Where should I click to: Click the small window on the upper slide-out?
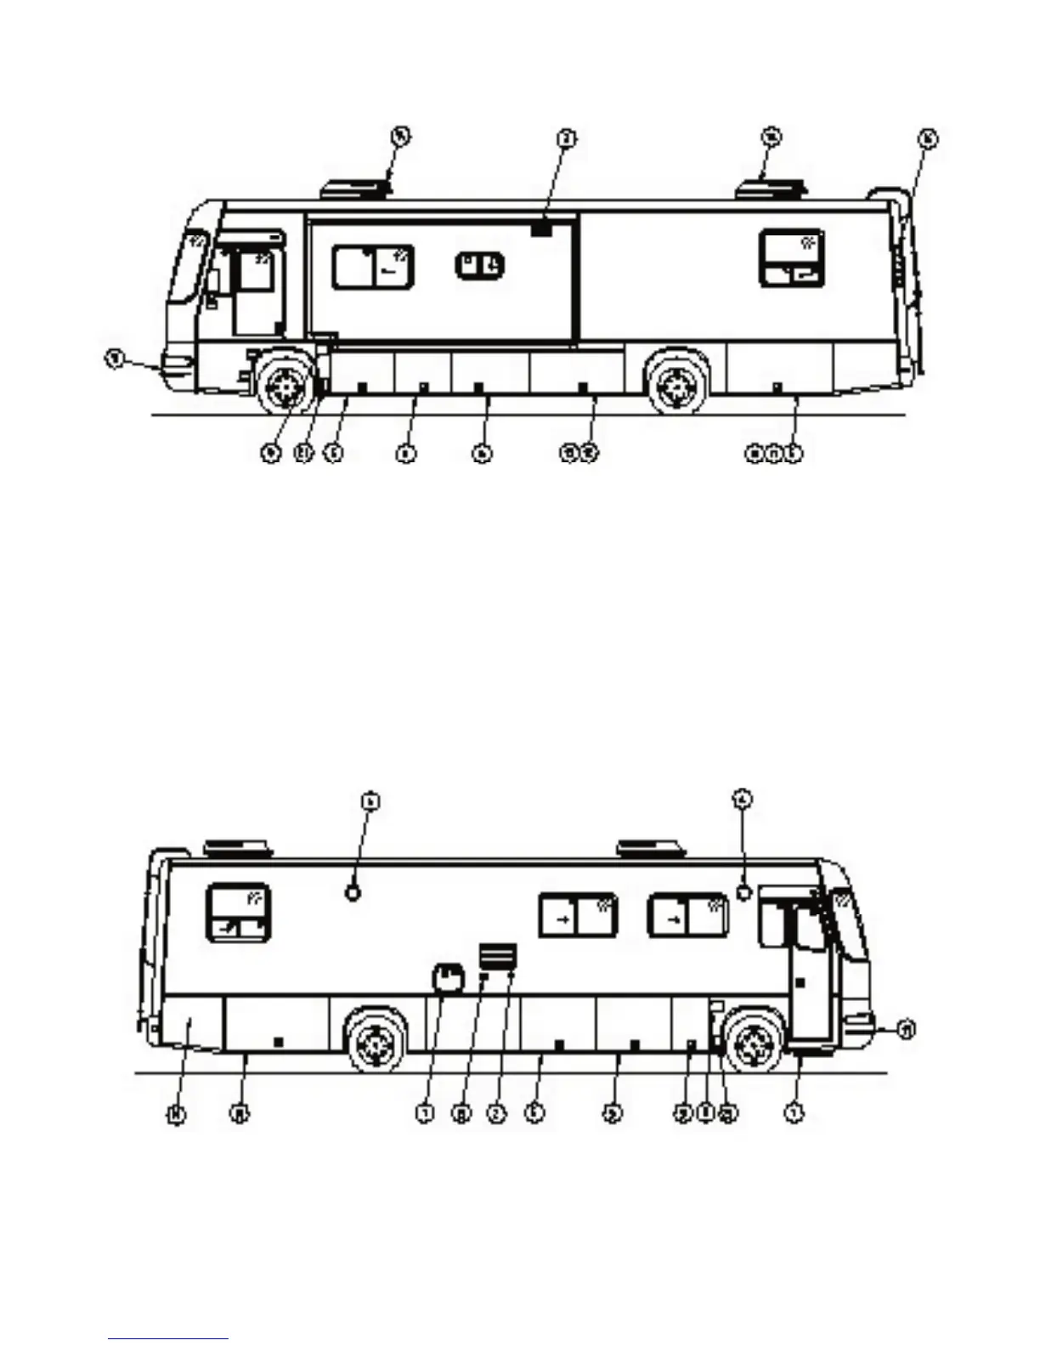[x=480, y=265]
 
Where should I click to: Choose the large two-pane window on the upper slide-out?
[x=373, y=267]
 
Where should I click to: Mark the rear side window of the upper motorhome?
[x=791, y=258]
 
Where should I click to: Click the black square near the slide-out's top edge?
[x=541, y=229]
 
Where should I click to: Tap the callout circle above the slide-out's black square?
[x=567, y=137]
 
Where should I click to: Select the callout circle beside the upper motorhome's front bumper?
[x=114, y=359]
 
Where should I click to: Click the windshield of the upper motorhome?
[x=189, y=265]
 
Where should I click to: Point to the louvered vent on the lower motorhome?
[x=498, y=956]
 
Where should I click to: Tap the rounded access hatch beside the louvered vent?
[x=449, y=978]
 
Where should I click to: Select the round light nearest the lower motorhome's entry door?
[x=744, y=892]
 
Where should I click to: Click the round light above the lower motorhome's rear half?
[x=353, y=892]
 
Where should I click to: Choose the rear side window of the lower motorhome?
[x=239, y=913]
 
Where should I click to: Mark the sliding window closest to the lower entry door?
[x=688, y=917]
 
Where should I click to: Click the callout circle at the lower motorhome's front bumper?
[x=907, y=1030]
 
